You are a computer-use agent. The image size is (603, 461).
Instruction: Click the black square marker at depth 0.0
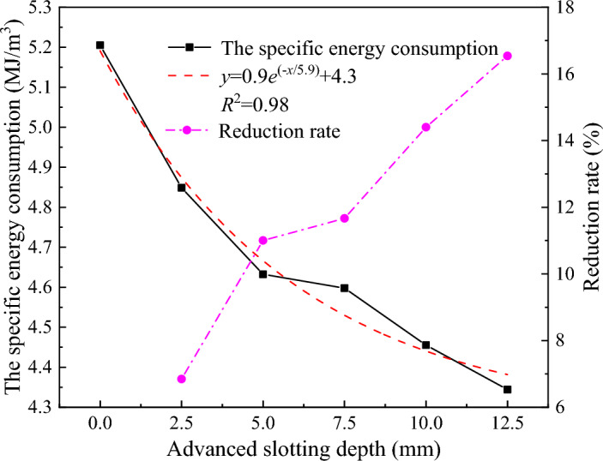click(100, 45)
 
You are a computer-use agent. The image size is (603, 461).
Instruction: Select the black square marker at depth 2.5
click(182, 188)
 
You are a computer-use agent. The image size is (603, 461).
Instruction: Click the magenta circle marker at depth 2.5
click(182, 379)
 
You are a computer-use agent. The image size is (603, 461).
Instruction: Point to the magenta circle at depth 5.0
click(263, 241)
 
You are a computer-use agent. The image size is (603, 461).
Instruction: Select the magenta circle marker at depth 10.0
click(426, 127)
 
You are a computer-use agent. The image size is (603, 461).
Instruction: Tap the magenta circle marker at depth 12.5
click(507, 56)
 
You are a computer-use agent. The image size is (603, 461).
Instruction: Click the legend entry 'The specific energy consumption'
click(359, 46)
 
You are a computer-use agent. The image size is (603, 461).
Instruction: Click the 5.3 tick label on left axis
click(61, 8)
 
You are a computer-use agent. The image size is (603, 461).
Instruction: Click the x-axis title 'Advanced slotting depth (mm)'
click(304, 448)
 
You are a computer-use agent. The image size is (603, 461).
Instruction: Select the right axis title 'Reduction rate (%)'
click(590, 209)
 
